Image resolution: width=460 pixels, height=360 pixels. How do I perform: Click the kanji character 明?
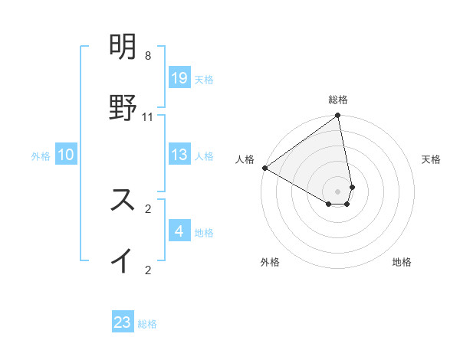coord(123,48)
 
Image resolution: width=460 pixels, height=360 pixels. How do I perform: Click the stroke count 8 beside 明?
coord(147,56)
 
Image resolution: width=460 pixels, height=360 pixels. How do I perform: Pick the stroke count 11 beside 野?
coord(147,116)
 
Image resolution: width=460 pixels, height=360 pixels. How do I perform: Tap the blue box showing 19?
coord(179,78)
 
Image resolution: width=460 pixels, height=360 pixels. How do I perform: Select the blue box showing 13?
coord(179,155)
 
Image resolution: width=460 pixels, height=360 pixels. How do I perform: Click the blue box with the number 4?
coord(179,231)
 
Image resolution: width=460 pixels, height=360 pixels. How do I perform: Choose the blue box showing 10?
coord(66,155)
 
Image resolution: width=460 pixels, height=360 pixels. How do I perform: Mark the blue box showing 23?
coord(123,322)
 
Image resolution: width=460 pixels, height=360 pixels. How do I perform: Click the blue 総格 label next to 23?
coord(147,324)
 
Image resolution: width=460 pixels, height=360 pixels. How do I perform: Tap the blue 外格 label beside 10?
coord(41,156)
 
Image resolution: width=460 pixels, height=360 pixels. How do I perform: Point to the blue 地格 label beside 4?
coord(204,232)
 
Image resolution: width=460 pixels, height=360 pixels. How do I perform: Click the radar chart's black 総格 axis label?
coord(338,100)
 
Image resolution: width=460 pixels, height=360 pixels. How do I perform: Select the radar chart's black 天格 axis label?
coord(432,159)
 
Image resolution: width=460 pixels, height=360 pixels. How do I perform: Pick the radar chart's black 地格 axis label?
coord(402,263)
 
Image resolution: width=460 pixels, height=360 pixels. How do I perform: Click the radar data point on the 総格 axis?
coord(338,116)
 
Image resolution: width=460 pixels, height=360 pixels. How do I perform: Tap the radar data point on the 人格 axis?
coord(264,168)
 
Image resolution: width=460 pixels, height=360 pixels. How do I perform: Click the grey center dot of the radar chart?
coord(338,191)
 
